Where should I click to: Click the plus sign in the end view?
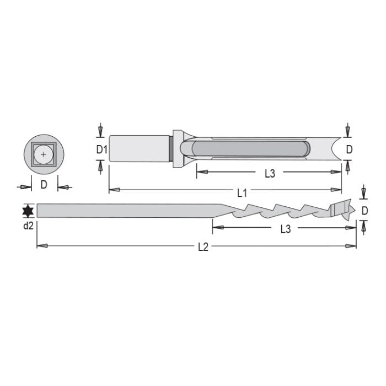pos(44,154)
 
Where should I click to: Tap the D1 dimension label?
pos(100,149)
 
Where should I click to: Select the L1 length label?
pos(242,192)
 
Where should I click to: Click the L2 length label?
pos(203,247)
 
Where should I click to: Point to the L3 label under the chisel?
pos(270,174)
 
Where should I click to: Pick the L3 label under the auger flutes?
pos(285,229)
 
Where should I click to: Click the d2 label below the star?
pos(28,226)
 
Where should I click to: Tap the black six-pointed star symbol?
pos(28,211)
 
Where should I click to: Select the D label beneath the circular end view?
pos(44,185)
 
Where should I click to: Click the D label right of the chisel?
pos(349,149)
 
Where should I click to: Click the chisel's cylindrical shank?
pos(138,148)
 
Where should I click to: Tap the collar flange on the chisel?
pos(177,148)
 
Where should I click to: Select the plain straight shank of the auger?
pos(127,211)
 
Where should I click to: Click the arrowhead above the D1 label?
pos(100,132)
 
